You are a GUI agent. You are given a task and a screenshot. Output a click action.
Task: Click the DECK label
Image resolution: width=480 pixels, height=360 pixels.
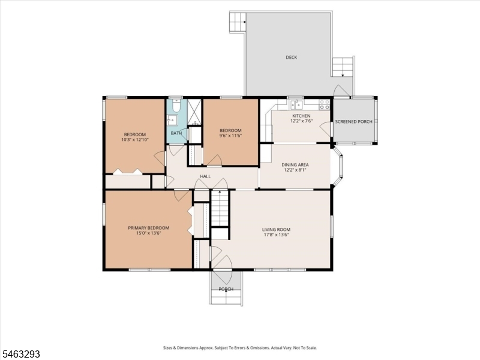[291, 57]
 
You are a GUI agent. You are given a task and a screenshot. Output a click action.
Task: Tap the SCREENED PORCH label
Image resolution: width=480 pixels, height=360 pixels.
[353, 122]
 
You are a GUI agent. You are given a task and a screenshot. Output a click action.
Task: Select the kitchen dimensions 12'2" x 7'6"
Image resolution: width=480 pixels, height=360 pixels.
[302, 121]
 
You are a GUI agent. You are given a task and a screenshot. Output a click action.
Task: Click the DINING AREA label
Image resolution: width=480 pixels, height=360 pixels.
[295, 164]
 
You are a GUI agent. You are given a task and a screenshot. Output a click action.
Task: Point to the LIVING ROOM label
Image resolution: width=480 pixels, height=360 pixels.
[276, 229]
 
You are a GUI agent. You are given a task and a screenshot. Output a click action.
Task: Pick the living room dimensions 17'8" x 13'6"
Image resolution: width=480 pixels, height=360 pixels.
[276, 235]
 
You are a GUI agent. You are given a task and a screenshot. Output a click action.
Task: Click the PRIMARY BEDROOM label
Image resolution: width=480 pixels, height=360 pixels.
[148, 228]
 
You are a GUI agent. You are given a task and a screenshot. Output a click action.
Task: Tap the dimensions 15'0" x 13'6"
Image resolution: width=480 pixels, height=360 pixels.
[148, 233]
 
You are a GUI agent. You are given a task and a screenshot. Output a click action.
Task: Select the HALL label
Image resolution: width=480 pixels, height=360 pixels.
[205, 176]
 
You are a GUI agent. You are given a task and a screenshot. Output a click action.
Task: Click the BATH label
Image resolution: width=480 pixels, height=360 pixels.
[176, 133]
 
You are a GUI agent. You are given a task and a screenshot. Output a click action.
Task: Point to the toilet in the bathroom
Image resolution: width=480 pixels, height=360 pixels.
[176, 106]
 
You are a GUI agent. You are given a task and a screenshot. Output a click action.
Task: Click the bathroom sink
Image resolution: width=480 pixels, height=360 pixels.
[172, 120]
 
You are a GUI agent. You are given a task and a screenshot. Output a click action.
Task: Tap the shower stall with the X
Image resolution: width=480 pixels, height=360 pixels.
[194, 112]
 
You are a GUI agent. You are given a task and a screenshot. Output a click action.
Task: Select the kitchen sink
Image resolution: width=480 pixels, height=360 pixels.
[296, 104]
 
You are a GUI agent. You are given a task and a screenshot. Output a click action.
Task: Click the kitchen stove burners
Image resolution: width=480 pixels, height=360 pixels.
[324, 104]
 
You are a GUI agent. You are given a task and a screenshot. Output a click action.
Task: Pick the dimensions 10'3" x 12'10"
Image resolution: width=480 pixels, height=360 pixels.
[134, 140]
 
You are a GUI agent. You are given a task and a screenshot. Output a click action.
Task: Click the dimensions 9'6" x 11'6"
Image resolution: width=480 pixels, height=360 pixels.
[230, 136]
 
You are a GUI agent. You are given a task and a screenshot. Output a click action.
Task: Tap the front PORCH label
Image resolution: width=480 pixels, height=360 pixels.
[226, 289]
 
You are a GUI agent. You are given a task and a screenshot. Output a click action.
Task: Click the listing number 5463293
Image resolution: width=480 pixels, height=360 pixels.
[20, 355]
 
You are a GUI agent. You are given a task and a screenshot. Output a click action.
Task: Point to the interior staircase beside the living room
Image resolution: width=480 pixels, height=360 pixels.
[220, 208]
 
